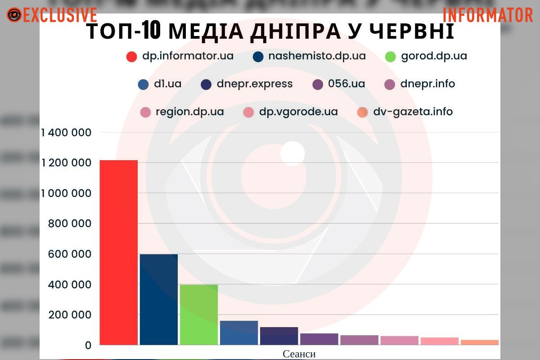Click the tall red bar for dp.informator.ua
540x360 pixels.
(x=118, y=252)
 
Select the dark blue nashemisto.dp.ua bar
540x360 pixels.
(x=158, y=299)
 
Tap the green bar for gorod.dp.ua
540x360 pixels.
(x=198, y=315)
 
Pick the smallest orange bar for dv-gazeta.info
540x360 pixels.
(x=479, y=342)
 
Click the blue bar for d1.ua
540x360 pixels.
(x=238, y=333)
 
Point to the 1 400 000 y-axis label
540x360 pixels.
(x=66, y=133)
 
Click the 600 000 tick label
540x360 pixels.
(x=69, y=254)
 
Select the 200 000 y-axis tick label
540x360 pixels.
(x=69, y=315)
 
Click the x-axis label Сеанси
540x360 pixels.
(x=299, y=354)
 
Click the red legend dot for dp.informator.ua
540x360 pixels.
(x=131, y=57)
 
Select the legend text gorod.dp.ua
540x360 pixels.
(x=434, y=56)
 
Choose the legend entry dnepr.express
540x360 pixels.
(x=254, y=84)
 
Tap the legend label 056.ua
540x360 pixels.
(x=346, y=84)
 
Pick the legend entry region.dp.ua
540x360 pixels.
(x=189, y=112)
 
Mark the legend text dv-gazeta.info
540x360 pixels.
(x=413, y=112)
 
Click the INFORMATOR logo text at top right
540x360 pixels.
(x=488, y=15)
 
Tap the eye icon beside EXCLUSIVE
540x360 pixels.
(x=14, y=15)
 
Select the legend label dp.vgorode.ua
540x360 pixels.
(x=298, y=112)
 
